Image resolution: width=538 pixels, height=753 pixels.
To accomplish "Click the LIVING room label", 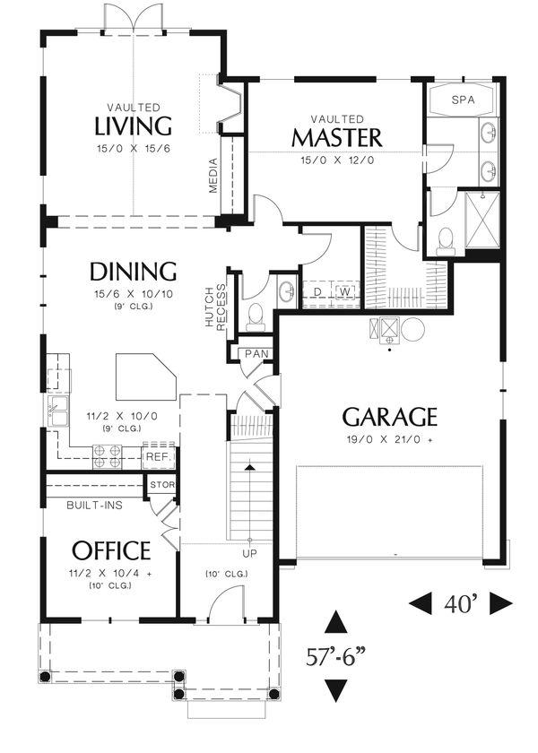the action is click(x=133, y=125).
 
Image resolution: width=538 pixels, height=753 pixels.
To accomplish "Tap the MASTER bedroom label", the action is click(x=337, y=138).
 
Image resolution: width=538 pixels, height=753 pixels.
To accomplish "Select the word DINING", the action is click(x=133, y=272).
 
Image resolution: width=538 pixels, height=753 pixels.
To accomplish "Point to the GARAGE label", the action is click(x=389, y=417).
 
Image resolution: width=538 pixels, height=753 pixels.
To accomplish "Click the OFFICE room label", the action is click(x=111, y=550).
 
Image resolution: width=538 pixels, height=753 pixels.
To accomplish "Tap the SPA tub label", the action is click(x=463, y=100).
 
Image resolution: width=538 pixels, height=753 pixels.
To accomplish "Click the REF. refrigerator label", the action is click(x=159, y=456).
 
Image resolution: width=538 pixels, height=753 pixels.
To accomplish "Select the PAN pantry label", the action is click(x=256, y=354).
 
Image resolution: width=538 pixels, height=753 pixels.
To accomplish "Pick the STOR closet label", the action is click(x=162, y=485).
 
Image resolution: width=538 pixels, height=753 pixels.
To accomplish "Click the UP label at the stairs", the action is click(x=250, y=554).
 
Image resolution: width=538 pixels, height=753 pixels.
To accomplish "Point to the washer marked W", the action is click(x=345, y=291).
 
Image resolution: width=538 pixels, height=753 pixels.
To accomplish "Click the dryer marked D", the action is click(x=317, y=291).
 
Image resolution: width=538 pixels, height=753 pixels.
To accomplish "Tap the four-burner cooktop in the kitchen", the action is click(x=108, y=456).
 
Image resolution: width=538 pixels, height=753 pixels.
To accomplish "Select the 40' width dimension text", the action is click(x=461, y=603).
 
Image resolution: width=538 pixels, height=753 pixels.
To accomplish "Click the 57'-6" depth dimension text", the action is click(x=335, y=657).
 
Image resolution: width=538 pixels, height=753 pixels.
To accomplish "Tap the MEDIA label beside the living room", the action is click(x=213, y=176).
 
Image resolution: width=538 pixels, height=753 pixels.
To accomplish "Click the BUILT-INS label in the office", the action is click(x=94, y=506).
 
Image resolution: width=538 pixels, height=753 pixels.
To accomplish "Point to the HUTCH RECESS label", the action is click(x=214, y=307).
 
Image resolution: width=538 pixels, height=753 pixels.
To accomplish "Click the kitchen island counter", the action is click(x=145, y=377).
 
